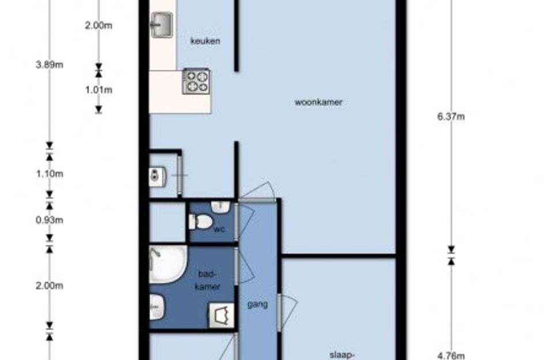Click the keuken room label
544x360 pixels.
pos(205,41)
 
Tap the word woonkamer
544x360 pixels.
pos(318,102)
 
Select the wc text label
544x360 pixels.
pos(219,229)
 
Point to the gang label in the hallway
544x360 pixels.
pos(257,305)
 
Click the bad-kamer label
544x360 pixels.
pos(207,280)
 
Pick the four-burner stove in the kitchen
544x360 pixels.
pos(196,81)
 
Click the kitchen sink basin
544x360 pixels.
pos(161,25)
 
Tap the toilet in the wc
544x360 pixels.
pos(200,222)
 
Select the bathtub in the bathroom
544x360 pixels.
pos(168,264)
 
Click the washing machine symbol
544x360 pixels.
pos(221,315)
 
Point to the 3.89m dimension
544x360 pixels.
pos(50,65)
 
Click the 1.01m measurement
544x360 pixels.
pos(99,90)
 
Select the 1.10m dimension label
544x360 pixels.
pos(50,173)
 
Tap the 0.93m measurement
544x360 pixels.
pos(50,220)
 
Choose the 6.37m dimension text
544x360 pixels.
pos(451,117)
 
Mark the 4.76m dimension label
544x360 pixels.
pos(451,356)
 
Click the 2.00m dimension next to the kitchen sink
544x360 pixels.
pos(99,25)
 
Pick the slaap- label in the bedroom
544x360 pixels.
pos(342,355)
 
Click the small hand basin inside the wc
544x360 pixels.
pos(220,207)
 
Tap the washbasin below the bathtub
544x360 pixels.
pos(157,307)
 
